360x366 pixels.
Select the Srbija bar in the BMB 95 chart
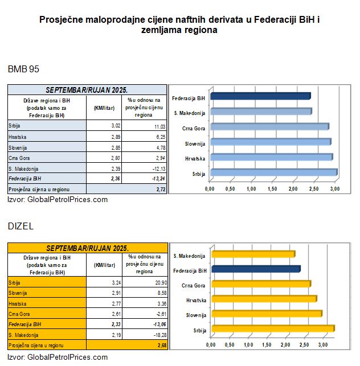[x=273, y=172]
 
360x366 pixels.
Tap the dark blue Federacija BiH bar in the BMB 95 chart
[x=260, y=96]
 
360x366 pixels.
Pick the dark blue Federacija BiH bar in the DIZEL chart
[x=255, y=269]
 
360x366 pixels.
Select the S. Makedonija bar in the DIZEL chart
[x=252, y=254]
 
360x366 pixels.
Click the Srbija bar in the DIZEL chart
[x=272, y=328]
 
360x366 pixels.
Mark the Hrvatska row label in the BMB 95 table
[x=18, y=137]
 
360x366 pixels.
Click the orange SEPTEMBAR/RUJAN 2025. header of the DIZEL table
[x=87, y=249]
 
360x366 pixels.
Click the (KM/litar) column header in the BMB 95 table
[x=104, y=106]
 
